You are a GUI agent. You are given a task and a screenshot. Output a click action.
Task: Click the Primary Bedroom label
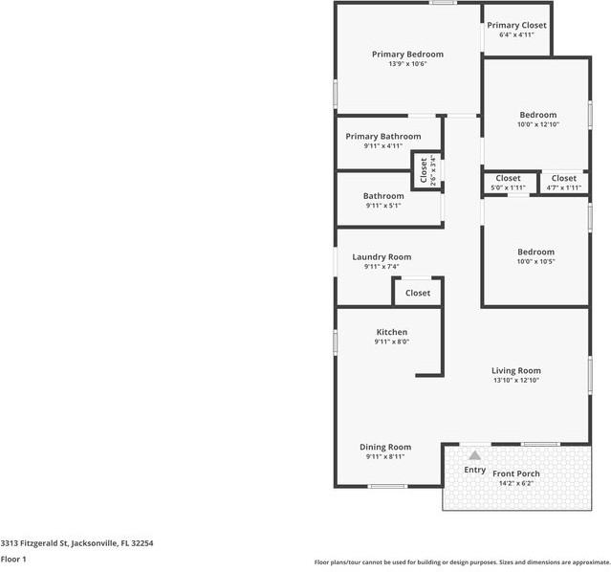tap(407, 55)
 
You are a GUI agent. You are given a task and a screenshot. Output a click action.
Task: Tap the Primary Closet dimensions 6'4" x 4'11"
tap(516, 34)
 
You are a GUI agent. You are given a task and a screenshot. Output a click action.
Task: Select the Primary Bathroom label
tap(383, 137)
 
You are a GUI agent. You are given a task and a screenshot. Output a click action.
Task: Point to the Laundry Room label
tap(382, 257)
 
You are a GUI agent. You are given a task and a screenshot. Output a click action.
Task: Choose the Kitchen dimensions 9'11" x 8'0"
tap(392, 341)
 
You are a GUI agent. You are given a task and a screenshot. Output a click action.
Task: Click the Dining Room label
tap(385, 447)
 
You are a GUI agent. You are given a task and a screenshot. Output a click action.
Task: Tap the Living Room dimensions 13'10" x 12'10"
tap(516, 380)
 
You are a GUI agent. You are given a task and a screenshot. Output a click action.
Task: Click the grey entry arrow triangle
tap(474, 455)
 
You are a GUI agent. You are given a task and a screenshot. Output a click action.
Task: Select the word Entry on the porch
tap(474, 470)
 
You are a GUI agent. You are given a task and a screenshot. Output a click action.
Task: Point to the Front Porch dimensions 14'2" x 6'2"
tap(516, 483)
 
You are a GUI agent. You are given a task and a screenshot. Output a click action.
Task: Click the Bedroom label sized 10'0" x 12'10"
tap(538, 115)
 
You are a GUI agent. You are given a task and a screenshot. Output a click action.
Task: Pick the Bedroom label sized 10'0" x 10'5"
tap(535, 252)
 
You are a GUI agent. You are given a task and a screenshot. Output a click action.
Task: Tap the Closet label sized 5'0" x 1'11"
tap(508, 178)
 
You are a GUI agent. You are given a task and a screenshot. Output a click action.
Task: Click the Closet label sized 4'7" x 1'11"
tap(564, 178)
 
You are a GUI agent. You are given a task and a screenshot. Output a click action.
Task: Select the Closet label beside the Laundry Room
tap(418, 293)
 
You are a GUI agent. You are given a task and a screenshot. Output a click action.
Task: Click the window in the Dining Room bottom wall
tap(387, 486)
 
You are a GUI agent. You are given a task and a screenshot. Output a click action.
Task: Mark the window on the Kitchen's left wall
tap(335, 342)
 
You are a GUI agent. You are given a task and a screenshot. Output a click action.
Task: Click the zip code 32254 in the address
tap(142, 543)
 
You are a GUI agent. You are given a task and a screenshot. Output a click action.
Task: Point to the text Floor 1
tap(13, 560)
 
